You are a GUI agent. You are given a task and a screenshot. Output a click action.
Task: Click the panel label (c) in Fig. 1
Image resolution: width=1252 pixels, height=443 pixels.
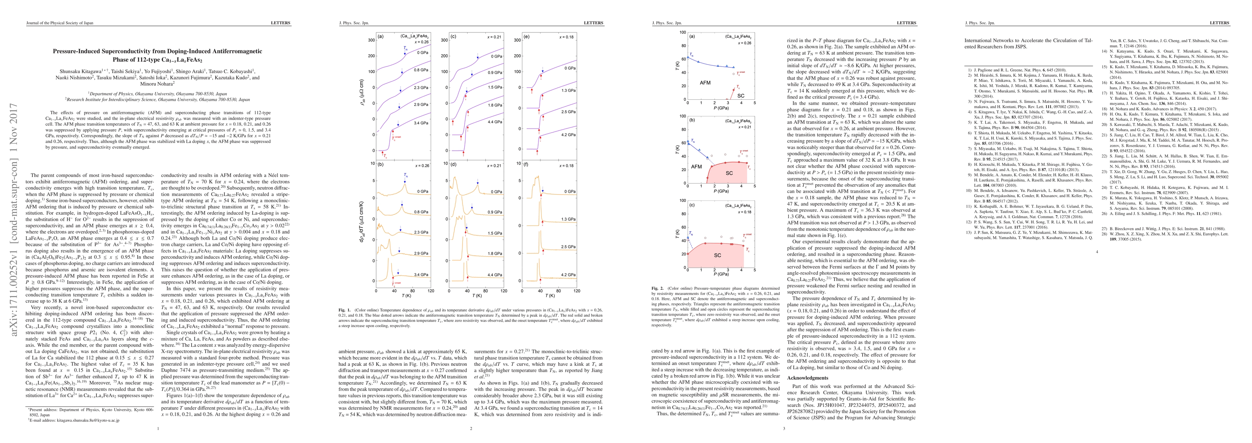coord(453,36)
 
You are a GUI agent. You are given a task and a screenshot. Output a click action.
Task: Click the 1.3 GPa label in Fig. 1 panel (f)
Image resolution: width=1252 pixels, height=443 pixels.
coord(568,219)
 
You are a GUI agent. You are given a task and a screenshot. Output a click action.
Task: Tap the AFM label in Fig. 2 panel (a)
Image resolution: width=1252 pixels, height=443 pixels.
coord(705,83)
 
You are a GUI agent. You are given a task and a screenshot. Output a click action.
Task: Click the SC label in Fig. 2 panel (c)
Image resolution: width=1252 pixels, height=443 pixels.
coord(718,255)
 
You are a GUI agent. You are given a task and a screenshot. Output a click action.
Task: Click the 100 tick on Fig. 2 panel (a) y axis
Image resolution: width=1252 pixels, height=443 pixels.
coord(682,32)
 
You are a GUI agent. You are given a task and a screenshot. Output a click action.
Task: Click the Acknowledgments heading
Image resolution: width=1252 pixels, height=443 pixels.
coord(807,378)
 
